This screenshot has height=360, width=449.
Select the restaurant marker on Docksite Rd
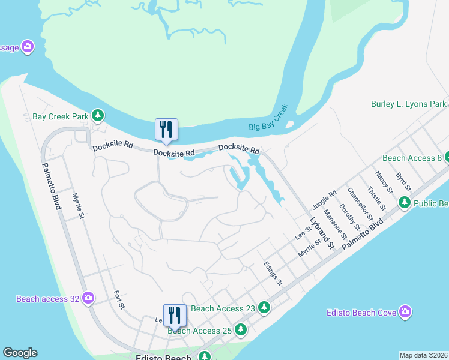[x=166, y=130]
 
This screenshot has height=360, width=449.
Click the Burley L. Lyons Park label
[x=409, y=104]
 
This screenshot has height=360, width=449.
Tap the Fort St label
[x=119, y=299]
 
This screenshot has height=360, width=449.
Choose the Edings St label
[x=273, y=273]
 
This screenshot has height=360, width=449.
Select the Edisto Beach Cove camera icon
[x=405, y=312]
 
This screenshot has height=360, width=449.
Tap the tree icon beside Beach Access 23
[x=264, y=308]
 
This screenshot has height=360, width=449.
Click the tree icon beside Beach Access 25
[x=241, y=329]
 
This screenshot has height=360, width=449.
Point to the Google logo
[x=20, y=353]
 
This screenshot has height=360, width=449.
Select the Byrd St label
[x=403, y=182]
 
